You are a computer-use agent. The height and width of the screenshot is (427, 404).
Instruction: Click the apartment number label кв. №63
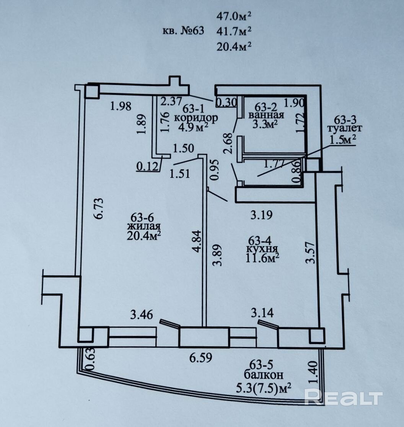tap(183, 31)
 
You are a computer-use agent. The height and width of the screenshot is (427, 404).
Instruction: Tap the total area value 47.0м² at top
tap(234, 16)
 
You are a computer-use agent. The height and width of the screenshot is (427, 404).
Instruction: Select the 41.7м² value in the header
tap(234, 31)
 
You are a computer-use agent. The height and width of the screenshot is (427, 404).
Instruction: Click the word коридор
tap(196, 118)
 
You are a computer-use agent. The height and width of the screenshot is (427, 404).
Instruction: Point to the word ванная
tap(266, 115)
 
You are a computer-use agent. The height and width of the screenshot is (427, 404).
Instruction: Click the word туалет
tap(345, 128)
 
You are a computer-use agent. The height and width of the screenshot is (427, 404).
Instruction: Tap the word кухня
tap(262, 249)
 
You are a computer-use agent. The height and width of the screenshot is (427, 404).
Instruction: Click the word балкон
tap(264, 375)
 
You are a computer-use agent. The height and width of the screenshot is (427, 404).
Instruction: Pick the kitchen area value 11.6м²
tap(262, 258)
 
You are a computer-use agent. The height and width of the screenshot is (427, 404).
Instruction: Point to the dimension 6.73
tap(99, 209)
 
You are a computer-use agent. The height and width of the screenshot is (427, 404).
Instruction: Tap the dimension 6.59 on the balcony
tap(200, 358)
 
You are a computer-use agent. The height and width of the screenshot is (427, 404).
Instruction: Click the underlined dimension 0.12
tap(147, 166)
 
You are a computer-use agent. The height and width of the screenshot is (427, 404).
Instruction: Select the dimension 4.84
tap(197, 241)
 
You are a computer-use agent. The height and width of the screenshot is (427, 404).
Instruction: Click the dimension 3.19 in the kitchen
tap(261, 215)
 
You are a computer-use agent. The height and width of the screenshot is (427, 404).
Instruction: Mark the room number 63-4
tap(260, 240)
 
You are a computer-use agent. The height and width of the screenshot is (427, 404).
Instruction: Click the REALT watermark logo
tap(344, 397)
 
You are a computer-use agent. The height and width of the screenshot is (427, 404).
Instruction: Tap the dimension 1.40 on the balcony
tap(314, 372)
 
